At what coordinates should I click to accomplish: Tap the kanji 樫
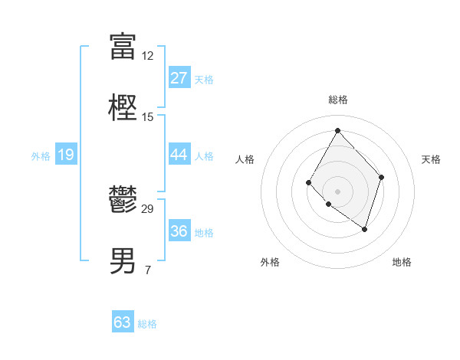[x=123, y=109]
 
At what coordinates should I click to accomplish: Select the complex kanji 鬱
[x=123, y=200]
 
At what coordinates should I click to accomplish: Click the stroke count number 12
[x=147, y=56]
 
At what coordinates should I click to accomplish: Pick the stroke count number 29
[x=147, y=208]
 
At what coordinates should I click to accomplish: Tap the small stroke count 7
[x=147, y=270]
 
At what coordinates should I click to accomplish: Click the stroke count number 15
[x=147, y=117]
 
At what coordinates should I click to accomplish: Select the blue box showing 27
[x=179, y=78]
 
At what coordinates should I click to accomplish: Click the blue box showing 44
[x=179, y=155]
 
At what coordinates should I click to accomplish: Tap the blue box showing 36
[x=179, y=231]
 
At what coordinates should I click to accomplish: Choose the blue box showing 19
[x=66, y=155]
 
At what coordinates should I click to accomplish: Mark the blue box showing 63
[x=123, y=322]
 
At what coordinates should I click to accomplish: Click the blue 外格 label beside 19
[x=41, y=156]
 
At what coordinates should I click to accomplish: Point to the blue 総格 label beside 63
[x=147, y=324]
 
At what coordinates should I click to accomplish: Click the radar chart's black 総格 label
[x=337, y=100]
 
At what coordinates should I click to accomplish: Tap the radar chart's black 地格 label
[x=402, y=262]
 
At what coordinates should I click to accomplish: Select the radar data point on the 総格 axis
[x=337, y=130]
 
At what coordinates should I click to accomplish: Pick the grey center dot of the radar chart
[x=337, y=191]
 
